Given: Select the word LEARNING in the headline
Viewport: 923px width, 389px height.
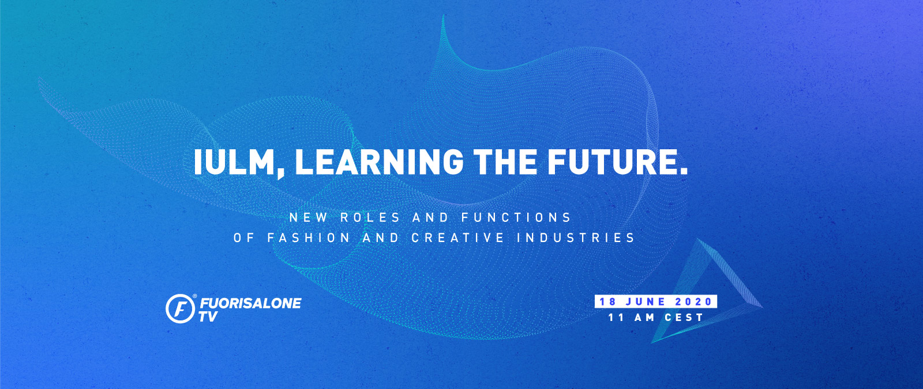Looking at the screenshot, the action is click(379, 162).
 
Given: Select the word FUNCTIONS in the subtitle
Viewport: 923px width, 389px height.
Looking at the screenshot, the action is click(516, 217).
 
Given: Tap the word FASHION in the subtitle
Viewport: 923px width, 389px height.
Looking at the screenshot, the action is click(309, 238).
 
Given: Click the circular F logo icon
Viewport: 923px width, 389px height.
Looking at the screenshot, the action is click(181, 308).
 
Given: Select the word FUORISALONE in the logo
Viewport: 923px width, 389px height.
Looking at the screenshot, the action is click(250, 304).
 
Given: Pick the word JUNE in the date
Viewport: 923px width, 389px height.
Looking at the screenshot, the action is click(646, 302).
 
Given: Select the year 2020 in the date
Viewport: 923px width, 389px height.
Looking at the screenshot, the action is click(694, 302).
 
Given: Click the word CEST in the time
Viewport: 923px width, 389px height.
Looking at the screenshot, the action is click(684, 318).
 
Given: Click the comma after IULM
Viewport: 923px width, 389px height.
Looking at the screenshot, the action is click(280, 173).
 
